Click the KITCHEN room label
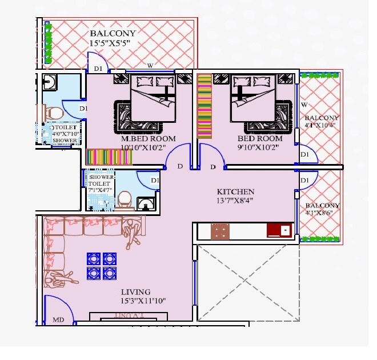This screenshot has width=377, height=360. [235, 191]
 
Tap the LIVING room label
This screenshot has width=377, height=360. [135, 291]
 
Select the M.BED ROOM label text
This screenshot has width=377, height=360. [148, 139]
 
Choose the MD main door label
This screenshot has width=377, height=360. [58, 320]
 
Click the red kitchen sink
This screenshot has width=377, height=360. [279, 230]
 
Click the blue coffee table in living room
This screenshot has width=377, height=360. [102, 265]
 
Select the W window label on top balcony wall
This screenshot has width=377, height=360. [150, 65]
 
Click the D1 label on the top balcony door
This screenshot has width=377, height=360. [98, 69]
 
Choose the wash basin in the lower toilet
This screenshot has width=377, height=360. [147, 203]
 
